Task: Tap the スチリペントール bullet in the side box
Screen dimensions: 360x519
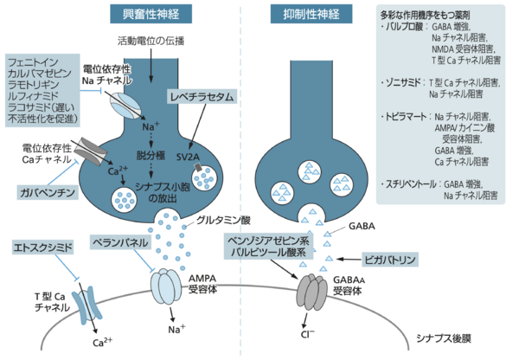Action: pyautogui.click(x=412, y=184)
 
